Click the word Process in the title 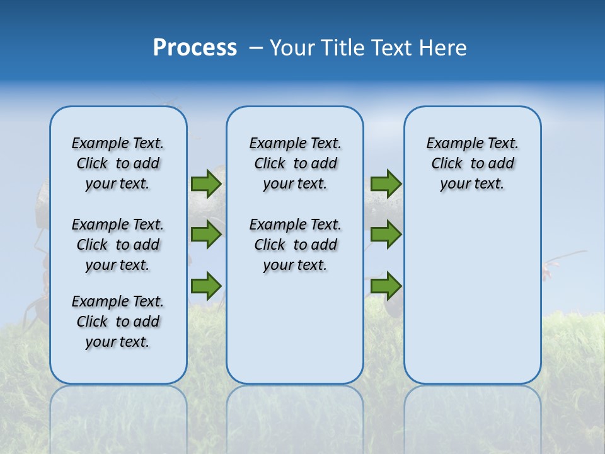click(x=195, y=48)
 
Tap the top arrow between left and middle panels click(x=206, y=184)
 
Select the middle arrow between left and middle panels click(x=206, y=235)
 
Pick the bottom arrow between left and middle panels click(x=206, y=286)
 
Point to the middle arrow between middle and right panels click(x=386, y=235)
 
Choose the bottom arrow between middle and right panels click(x=386, y=286)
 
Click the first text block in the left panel click(x=118, y=163)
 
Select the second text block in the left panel click(x=118, y=245)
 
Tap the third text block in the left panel click(x=118, y=322)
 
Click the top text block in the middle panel click(x=295, y=163)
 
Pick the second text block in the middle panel click(x=295, y=245)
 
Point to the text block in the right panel click(x=472, y=163)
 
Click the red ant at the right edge click(x=547, y=271)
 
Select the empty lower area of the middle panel click(x=295, y=328)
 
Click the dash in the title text click(x=256, y=48)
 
